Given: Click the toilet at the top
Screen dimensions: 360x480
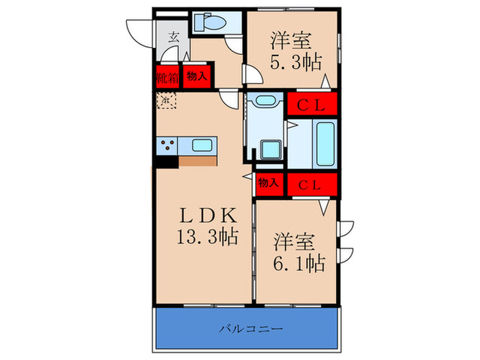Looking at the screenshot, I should [x=209, y=23].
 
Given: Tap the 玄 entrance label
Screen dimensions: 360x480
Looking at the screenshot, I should [x=174, y=38].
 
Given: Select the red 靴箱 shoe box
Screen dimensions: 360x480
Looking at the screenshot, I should [x=167, y=77].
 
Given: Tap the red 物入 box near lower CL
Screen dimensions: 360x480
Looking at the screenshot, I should [x=269, y=183].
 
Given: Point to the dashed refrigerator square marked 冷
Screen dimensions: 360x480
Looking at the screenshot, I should [x=166, y=100].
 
